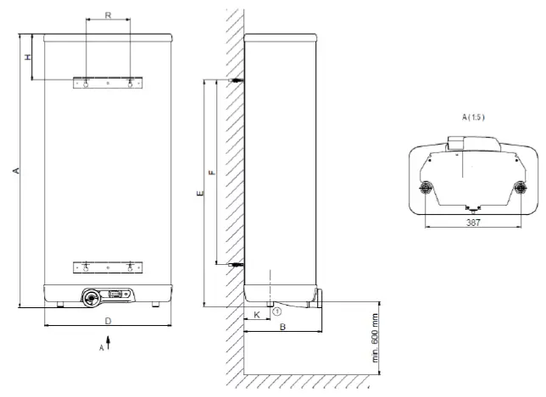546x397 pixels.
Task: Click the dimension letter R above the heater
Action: [108, 16]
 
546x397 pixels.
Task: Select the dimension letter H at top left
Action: [27, 57]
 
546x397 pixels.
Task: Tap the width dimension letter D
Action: [108, 321]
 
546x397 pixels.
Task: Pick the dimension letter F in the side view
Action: [213, 173]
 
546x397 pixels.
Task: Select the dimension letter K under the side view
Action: [256, 314]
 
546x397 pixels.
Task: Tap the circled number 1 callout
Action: [276, 312]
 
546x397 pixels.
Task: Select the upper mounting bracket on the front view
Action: [108, 84]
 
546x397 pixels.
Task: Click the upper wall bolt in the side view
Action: [238, 81]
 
